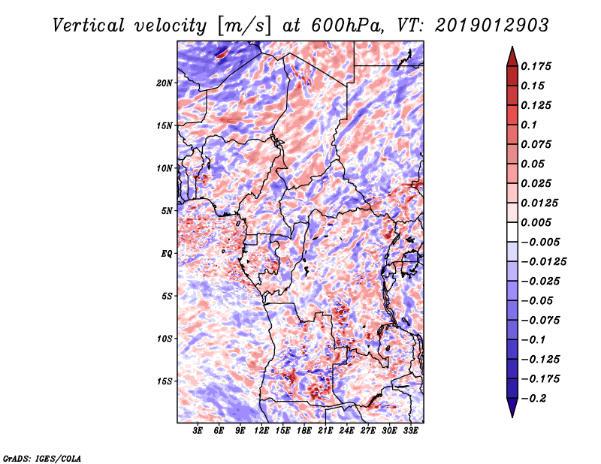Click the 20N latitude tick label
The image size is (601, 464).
pyautogui.click(x=165, y=83)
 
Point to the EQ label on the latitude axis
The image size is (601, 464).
pyautogui.click(x=166, y=254)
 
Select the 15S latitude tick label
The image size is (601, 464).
pyautogui.click(x=165, y=381)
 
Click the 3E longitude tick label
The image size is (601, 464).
pyautogui.click(x=198, y=432)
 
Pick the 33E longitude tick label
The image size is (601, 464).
pyautogui.click(x=410, y=432)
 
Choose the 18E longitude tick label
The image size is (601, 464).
pyautogui.click(x=304, y=432)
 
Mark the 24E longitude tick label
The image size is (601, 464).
pyautogui.click(x=346, y=432)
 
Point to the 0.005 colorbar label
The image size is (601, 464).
pyautogui.click(x=537, y=222)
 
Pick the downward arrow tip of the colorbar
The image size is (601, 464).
pyautogui.click(x=512, y=415)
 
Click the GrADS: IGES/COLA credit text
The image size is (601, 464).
pyautogui.click(x=41, y=457)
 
